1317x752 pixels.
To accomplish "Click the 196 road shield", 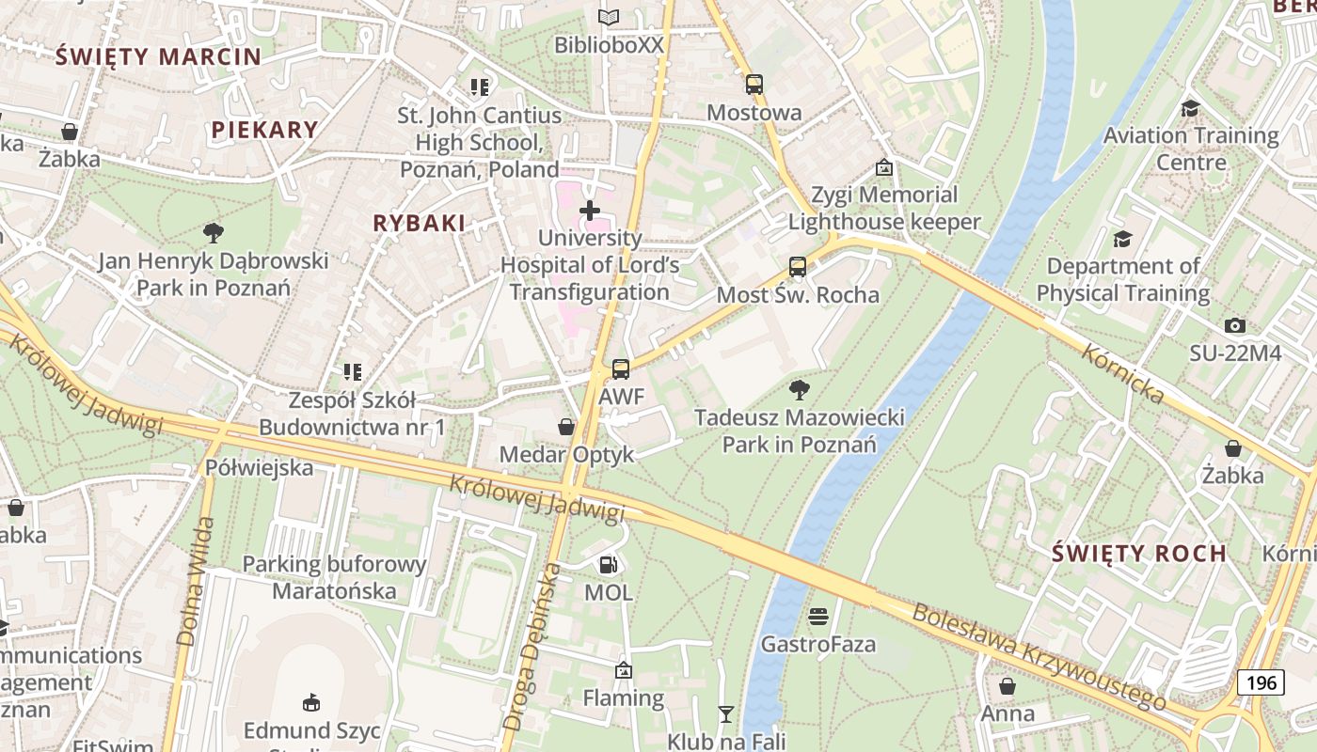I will click(1261, 681).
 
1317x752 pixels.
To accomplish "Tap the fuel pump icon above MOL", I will click(609, 565).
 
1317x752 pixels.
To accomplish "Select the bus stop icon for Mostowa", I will click(754, 85).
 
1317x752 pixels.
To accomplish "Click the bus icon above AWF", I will click(620, 369).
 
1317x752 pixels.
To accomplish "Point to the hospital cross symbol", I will click(590, 211).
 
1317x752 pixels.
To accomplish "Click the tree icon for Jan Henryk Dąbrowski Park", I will click(214, 232).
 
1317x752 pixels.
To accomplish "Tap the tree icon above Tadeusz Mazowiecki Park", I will click(800, 389).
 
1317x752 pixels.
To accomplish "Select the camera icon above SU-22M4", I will click(1235, 326).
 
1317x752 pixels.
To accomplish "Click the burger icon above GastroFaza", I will click(818, 617).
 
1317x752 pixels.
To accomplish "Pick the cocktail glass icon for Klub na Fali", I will click(725, 714).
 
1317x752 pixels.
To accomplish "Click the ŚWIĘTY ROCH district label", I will click(1139, 553).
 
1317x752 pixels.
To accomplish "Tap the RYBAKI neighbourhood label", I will click(420, 223).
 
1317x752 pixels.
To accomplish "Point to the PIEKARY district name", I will click(264, 130).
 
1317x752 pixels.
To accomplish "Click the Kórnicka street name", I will click(1122, 373).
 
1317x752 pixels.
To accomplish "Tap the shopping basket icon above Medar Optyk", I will click(566, 428).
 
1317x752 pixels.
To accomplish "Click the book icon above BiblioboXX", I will click(609, 17).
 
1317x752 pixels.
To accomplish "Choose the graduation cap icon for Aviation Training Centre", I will click(1190, 108).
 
